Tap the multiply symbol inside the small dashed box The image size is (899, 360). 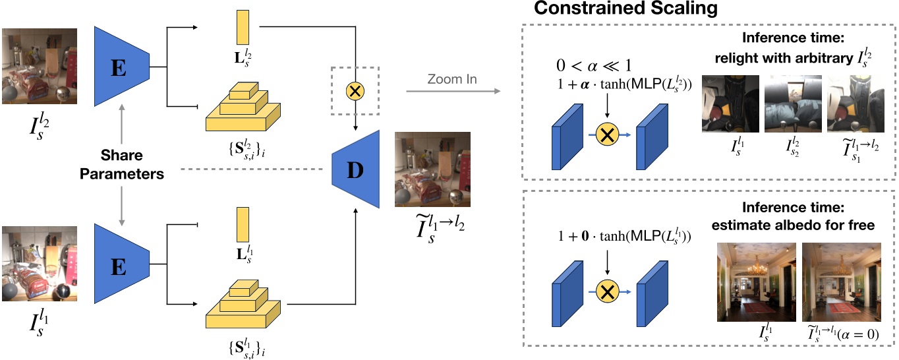pyautogui.click(x=355, y=93)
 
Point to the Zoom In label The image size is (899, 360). pyautogui.click(x=451, y=80)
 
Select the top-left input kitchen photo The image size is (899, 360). pyautogui.click(x=39, y=67)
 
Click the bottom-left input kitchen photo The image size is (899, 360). pyautogui.click(x=39, y=264)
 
